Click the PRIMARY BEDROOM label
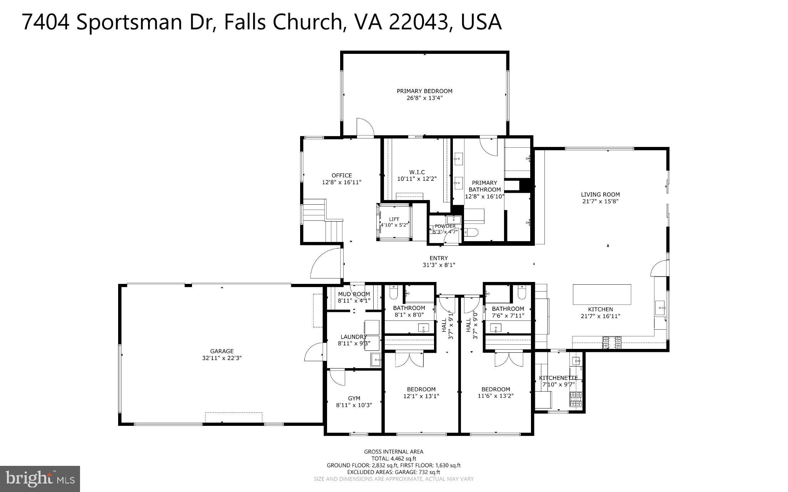pos(424,91)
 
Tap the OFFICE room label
pos(342,175)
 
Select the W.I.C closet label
pos(417,172)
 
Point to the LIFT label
pos(394,219)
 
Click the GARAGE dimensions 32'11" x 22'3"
pos(222,358)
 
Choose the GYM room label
pos(354,399)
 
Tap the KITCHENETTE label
pos(558,378)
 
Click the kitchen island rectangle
pos(602,294)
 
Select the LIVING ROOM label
pos(600,194)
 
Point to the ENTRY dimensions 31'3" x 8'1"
pos(439,265)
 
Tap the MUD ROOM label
pos(354,294)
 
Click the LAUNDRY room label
pos(354,337)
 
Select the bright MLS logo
pos(40,479)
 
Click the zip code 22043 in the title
pos(419,22)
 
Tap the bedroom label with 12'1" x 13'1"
pos(421,389)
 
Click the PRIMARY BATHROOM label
pos(484,186)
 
